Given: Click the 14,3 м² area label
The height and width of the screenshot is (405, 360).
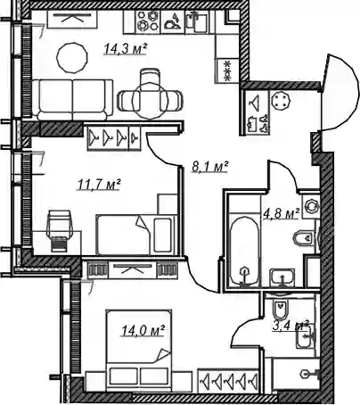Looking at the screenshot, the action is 126,48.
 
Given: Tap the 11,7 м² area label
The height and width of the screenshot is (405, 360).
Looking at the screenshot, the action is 99,184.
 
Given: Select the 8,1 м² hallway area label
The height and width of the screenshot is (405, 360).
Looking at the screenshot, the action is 209,167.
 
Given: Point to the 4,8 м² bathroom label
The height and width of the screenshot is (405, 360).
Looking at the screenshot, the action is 281,214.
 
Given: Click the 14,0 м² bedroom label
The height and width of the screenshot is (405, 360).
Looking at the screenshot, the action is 143,330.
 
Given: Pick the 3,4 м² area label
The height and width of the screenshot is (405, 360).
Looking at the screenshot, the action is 290,326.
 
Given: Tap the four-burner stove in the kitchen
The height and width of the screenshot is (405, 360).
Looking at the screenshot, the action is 148,21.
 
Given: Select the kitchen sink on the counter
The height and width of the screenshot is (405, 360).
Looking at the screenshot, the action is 196,21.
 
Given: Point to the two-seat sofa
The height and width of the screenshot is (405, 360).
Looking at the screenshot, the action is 72,100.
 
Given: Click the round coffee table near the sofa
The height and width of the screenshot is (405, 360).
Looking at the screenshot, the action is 72,58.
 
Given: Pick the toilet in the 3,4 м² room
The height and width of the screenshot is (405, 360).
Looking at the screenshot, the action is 281,310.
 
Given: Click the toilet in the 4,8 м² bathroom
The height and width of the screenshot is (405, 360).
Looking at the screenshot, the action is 304,237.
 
